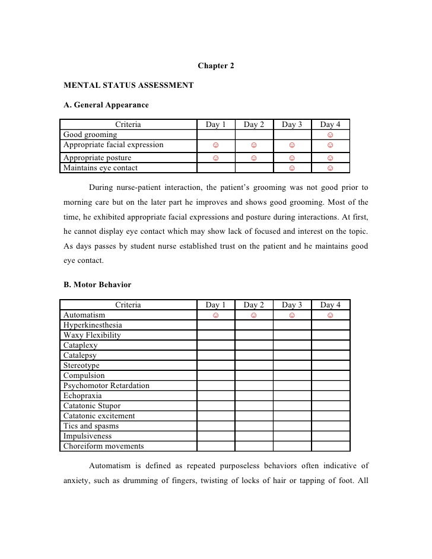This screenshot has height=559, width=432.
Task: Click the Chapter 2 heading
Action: tap(215, 65)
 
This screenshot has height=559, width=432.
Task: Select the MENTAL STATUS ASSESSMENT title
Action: tap(128, 85)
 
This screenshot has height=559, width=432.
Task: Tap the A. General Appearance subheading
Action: tap(106, 106)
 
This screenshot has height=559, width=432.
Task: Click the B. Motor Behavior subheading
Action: tap(97, 285)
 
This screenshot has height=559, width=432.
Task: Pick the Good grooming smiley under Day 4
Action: tap(330, 135)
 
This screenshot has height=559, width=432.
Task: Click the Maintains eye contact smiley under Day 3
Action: tap(291, 168)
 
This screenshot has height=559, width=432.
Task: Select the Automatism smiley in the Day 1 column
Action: tap(216, 315)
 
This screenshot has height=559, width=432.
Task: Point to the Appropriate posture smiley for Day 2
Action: tap(253, 158)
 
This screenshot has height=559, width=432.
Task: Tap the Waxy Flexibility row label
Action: tap(92, 335)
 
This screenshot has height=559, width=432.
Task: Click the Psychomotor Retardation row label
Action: tap(106, 386)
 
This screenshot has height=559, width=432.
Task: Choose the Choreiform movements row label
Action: tap(103, 446)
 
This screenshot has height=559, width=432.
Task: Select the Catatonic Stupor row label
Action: tap(92, 406)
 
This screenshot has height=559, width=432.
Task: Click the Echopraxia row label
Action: tap(82, 396)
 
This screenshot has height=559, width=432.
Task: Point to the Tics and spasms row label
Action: tap(91, 426)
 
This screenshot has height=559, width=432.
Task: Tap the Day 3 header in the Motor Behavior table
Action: tap(292, 305)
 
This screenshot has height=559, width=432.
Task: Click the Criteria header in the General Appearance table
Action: tap(128, 125)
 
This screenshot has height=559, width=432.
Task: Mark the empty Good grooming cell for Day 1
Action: tap(216, 135)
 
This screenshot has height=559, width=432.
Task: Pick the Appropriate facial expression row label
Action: tap(113, 144)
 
